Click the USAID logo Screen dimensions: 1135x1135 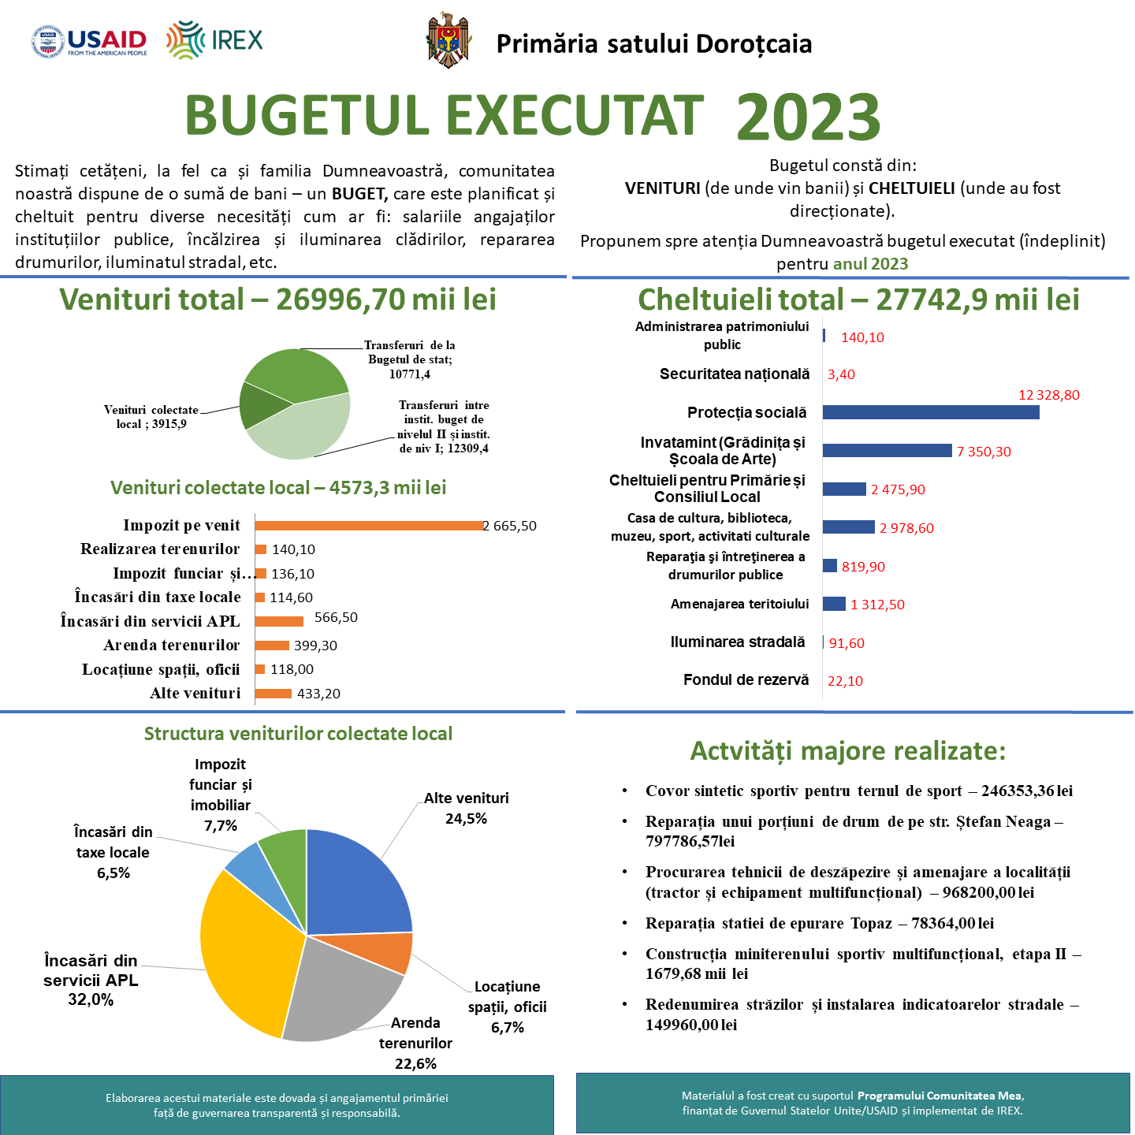(89, 42)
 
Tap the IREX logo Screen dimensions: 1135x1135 (214, 40)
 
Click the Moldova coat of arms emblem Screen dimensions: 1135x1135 (448, 40)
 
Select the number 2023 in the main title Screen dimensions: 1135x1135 (808, 117)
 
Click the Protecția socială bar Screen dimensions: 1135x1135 (930, 412)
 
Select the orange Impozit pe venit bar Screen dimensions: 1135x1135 (368, 526)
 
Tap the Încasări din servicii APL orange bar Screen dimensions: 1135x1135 (279, 621)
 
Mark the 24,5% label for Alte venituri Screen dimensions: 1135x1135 (466, 818)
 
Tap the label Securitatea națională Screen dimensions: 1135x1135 (734, 374)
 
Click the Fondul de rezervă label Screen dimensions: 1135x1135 (746, 679)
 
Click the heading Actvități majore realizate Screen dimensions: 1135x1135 (848, 751)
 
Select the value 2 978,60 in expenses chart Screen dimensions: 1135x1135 (906, 528)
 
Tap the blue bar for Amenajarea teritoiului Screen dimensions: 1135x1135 (834, 604)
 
